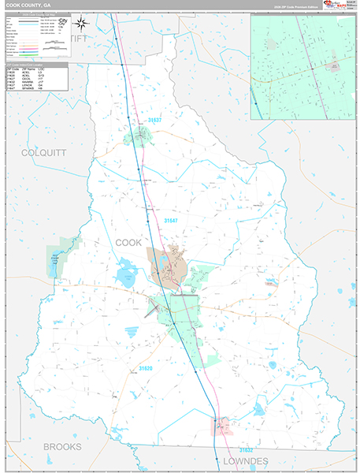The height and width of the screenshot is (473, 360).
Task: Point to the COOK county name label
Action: point(128,243)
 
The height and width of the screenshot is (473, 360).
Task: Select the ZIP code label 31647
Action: point(174,222)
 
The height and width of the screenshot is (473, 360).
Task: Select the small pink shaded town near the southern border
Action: point(223,426)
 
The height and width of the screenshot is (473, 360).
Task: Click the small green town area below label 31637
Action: point(139,140)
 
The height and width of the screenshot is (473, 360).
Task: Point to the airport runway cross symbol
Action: point(153,307)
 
